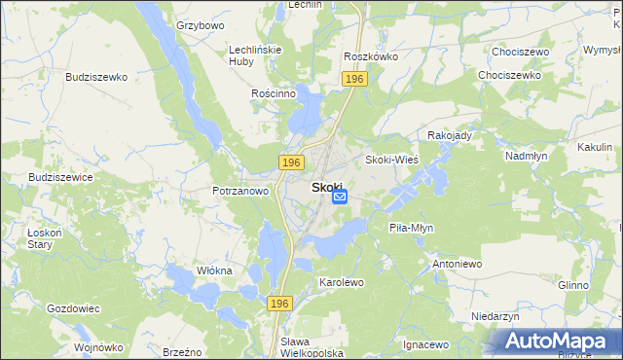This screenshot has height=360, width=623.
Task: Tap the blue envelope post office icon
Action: pyautogui.click(x=340, y=198)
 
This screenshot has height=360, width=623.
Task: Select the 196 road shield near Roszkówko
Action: pyautogui.click(x=354, y=79)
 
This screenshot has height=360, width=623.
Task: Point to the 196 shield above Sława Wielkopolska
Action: pyautogui.click(x=280, y=305)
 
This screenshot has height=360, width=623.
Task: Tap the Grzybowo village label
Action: pyautogui.click(x=201, y=25)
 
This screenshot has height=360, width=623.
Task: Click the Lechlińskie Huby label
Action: pyautogui.click(x=254, y=56)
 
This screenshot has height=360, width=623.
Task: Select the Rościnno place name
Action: pyautogui.click(x=273, y=93)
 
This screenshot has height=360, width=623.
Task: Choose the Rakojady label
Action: pyautogui.click(x=449, y=135)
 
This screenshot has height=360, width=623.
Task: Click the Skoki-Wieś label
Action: pyautogui.click(x=391, y=160)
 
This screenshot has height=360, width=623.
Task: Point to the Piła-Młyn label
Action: pyautogui.click(x=411, y=228)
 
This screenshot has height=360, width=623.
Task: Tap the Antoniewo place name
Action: pyautogui.click(x=457, y=264)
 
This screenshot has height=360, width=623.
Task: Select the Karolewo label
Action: pyautogui.click(x=341, y=282)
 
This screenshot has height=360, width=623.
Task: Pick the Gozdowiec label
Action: pyautogui.click(x=73, y=308)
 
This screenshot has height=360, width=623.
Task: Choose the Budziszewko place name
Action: pyautogui.click(x=97, y=76)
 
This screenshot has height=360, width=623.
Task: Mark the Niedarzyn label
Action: pyautogui.click(x=495, y=316)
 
